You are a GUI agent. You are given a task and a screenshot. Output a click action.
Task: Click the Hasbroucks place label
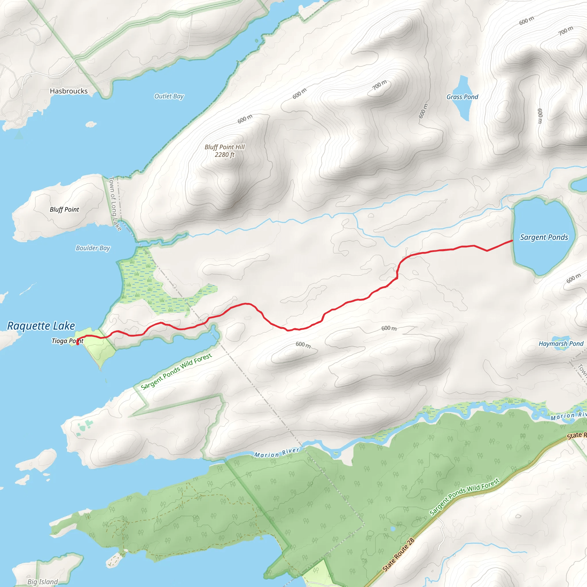tap(69, 91)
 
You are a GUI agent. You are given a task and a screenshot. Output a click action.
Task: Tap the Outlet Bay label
tap(169, 96)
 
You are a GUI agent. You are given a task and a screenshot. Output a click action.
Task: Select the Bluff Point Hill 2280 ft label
tap(224, 151)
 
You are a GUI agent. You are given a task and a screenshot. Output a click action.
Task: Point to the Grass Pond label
tap(462, 97)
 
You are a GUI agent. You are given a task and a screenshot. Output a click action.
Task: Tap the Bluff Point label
tap(64, 209)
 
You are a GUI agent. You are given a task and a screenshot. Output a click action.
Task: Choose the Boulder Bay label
tap(93, 248)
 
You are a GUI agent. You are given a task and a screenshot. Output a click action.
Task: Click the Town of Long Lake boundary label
tap(115, 204)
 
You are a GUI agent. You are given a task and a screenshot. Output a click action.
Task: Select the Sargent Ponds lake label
tap(544, 237)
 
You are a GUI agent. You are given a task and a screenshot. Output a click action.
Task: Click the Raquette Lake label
tap(41, 326)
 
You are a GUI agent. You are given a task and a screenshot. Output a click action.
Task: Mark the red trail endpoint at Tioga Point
tap(78, 344)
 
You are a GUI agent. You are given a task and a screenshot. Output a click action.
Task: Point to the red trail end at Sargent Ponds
tap(512, 241)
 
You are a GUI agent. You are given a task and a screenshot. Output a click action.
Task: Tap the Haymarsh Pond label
tap(561, 344)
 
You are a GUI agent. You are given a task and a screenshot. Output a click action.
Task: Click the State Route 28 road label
tap(398, 555)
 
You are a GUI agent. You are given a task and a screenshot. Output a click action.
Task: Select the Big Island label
tap(42, 582)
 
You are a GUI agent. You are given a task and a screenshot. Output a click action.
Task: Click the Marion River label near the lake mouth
tap(277, 453)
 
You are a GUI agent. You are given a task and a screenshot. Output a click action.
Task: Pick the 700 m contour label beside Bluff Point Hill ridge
tap(380, 85)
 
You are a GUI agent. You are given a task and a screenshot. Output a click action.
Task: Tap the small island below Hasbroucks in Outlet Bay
tap(91, 124)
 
